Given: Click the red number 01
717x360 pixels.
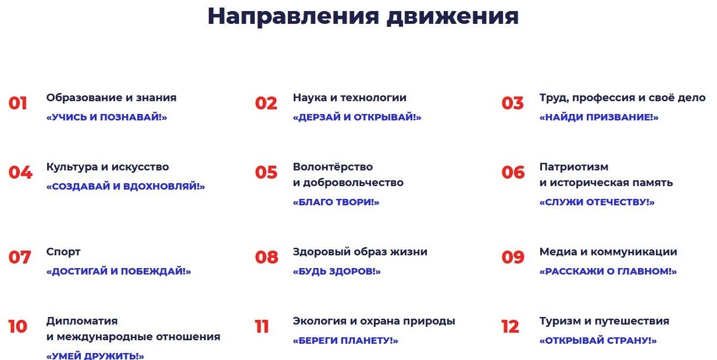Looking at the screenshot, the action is (17, 104).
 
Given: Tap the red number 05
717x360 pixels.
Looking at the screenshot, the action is (266, 173).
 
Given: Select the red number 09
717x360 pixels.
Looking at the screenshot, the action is (513, 257).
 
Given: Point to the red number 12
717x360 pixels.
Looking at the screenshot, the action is (510, 326).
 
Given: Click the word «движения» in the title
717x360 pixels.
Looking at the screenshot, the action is (452, 17).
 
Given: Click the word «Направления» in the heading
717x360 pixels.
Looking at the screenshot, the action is (293, 17).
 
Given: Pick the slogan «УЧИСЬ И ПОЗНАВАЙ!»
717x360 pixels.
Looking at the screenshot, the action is (106, 117).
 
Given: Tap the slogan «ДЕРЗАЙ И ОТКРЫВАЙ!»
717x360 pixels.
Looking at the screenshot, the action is (357, 117).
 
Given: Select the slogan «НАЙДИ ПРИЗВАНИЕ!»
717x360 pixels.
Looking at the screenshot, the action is (599, 117).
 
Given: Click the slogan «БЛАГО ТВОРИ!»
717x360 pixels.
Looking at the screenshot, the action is (336, 202).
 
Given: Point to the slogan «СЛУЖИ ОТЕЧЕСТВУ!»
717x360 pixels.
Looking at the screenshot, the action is (597, 202).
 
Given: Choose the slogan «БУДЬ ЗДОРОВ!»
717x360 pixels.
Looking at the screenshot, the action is (337, 272).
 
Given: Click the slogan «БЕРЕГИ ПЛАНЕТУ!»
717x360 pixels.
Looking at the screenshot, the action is (345, 340).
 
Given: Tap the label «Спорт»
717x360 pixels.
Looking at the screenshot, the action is (63, 252).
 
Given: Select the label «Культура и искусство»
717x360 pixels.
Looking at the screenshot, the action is (108, 167).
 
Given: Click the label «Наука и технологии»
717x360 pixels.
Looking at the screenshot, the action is (349, 98).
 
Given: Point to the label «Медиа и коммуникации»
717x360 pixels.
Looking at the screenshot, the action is (608, 252).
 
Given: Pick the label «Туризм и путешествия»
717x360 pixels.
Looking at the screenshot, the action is (604, 321).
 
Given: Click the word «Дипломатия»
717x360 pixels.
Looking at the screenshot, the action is (82, 321).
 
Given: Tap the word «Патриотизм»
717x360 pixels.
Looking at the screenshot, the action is (574, 167).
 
